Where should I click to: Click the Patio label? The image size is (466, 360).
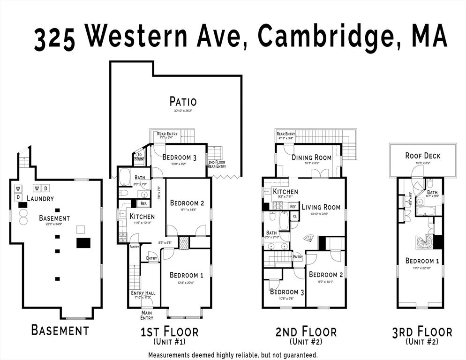[183, 101]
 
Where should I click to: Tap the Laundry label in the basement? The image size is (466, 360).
[40, 198]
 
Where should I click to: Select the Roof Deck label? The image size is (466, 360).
[423, 156]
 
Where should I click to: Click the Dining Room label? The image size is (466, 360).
[311, 158]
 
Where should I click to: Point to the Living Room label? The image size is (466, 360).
[321, 207]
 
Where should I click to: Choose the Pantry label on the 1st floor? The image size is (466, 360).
[134, 246]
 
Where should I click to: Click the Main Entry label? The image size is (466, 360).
[147, 315]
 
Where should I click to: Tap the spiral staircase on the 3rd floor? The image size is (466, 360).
[425, 243]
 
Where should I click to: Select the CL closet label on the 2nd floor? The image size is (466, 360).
[294, 216]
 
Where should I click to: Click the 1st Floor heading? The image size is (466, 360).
[169, 332]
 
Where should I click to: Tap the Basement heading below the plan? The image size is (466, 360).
[60, 330]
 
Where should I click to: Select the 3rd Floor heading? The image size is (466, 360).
[422, 332]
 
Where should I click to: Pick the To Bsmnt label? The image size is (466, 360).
[139, 157]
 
